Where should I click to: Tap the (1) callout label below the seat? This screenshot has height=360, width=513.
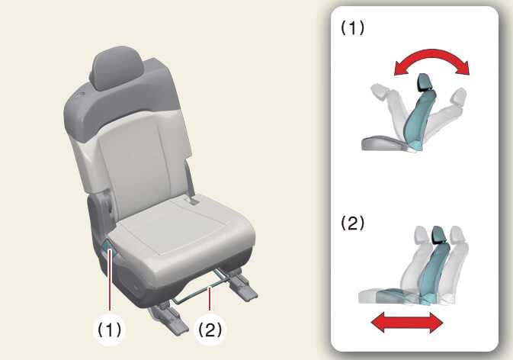point(110,329)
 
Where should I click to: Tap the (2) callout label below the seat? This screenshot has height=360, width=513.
point(210,329)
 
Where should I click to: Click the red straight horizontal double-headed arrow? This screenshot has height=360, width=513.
point(407,323)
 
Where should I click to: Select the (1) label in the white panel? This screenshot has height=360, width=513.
point(352,27)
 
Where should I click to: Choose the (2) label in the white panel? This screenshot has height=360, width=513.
point(352,223)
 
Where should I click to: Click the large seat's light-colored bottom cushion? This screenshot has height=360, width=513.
point(183,239)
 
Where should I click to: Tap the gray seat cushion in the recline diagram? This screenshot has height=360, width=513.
point(383,143)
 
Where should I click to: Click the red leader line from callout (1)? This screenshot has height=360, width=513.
point(110,280)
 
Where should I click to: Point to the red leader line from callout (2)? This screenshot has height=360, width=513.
point(210,298)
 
